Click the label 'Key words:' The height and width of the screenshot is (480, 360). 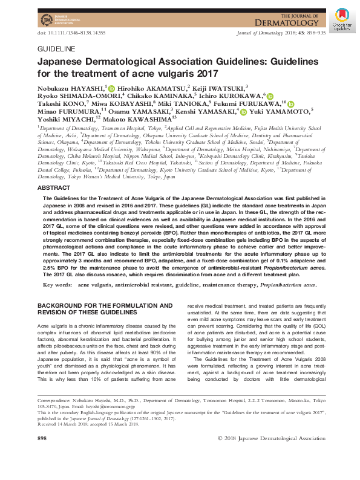tap(57, 285)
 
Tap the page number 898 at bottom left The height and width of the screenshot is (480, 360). tap(43, 470)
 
